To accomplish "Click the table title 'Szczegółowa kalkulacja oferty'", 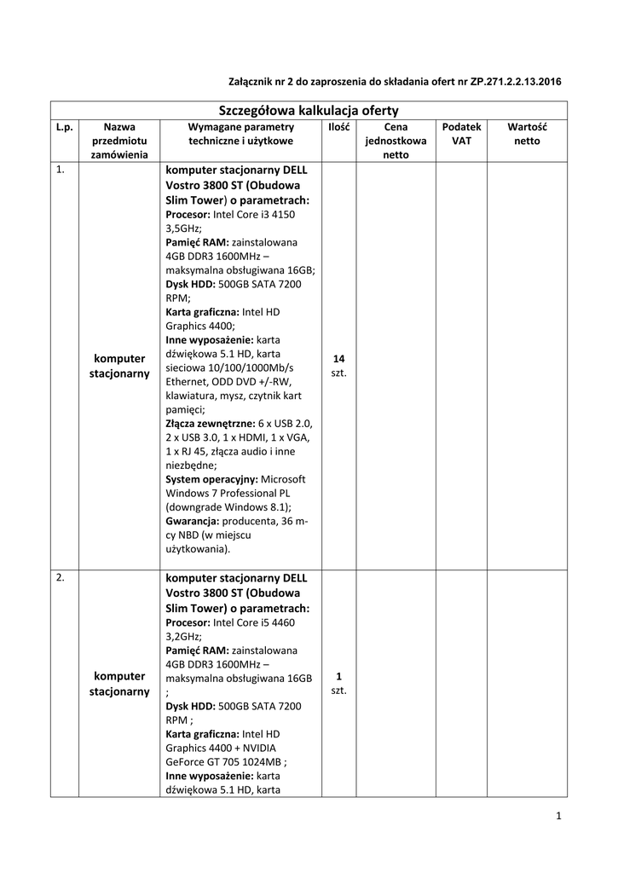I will [309, 110].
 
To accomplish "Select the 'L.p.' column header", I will [64, 126].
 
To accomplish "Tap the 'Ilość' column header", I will [338, 126].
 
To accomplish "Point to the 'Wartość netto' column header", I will [527, 133].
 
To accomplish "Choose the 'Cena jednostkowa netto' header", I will [396, 140].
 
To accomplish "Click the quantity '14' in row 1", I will [338, 359].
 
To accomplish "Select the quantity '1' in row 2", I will [338, 676].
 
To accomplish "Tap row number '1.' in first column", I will [59, 170].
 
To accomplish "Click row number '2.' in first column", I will [59, 578].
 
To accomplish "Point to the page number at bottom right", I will [558, 817].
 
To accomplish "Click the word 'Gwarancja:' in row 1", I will [193, 520].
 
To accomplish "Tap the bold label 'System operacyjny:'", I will [211, 479].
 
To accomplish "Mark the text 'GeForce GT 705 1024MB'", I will [223, 762].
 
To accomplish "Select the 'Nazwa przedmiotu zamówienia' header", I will [119, 140].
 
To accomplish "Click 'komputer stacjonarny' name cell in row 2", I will [119, 683].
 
